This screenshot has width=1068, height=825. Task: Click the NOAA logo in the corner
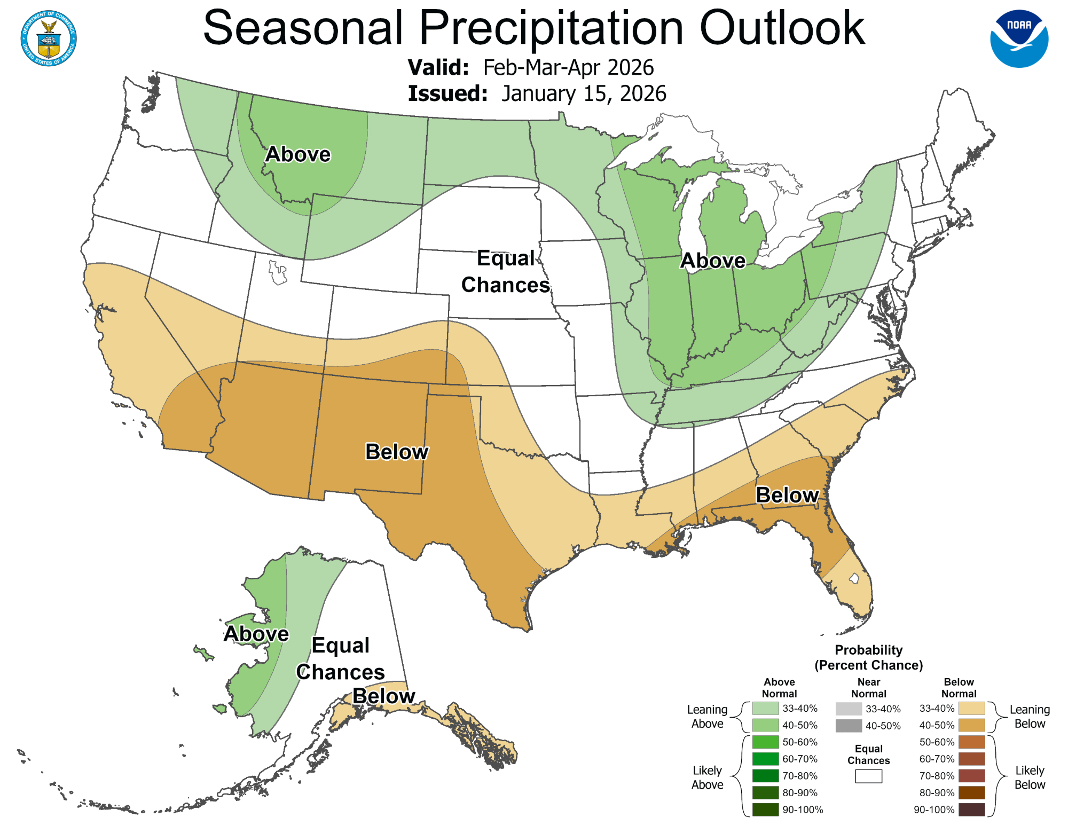[x=1019, y=39]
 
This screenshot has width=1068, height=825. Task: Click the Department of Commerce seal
[x=49, y=38]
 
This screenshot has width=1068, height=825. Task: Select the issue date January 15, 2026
[x=584, y=94]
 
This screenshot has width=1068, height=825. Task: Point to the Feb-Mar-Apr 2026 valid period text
[x=568, y=68]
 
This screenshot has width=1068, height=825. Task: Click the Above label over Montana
[x=298, y=154]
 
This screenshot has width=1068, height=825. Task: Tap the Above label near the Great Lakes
[x=713, y=261]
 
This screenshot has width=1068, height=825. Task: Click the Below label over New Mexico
[x=397, y=452]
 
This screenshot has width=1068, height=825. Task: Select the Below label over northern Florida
[x=787, y=495]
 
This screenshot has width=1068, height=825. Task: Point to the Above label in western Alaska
[x=256, y=634]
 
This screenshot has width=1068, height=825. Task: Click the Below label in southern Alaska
[x=384, y=696]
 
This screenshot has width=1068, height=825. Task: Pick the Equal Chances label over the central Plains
[x=506, y=271]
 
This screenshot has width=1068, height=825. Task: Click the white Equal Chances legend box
[x=868, y=776]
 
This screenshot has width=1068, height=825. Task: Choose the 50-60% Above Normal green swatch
[x=765, y=742]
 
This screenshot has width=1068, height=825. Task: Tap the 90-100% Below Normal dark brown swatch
[x=971, y=810]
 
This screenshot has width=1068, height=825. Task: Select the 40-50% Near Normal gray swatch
[x=849, y=726]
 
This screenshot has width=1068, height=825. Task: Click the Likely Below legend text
[x=1029, y=777]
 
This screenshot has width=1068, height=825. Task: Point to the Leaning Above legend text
[x=707, y=717]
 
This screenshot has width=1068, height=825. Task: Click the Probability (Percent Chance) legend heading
[x=868, y=657]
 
